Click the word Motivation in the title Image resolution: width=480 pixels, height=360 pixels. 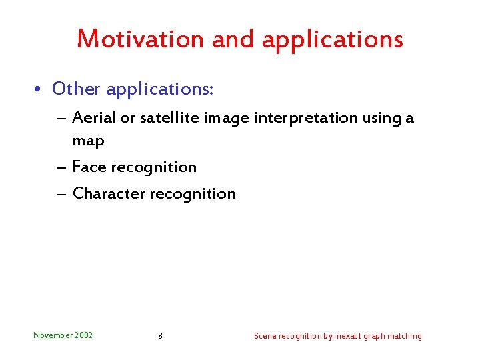pyautogui.click(x=141, y=39)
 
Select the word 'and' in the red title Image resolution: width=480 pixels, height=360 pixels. pyautogui.click(x=233, y=39)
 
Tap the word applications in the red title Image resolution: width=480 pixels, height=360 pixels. pyautogui.click(x=333, y=40)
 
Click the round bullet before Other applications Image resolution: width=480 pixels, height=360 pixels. pyautogui.click(x=41, y=89)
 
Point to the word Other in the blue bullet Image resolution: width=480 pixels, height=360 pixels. pyautogui.click(x=75, y=88)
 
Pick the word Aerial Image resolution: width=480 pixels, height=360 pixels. pyautogui.click(x=93, y=118)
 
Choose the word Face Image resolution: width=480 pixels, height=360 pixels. pyautogui.click(x=89, y=167)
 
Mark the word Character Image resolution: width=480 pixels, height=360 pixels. pyautogui.click(x=109, y=193)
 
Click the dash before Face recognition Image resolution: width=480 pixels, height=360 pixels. pyautogui.click(x=61, y=167)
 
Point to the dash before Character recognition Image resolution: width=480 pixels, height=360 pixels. pyautogui.click(x=61, y=194)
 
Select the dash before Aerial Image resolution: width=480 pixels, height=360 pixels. pyautogui.click(x=61, y=119)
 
